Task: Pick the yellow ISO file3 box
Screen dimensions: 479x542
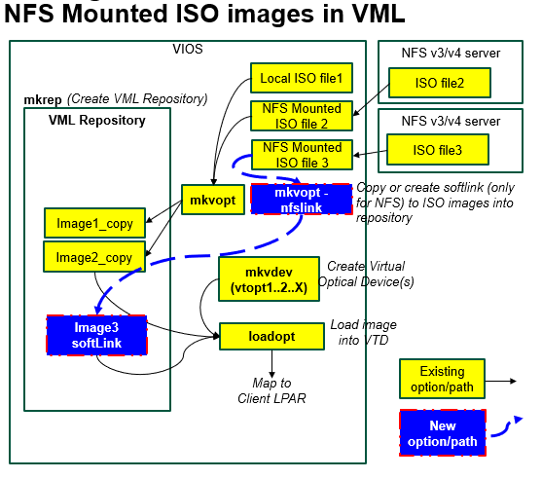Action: (x=437, y=150)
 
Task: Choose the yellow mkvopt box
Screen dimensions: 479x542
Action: (x=210, y=199)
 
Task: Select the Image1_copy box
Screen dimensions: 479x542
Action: (x=94, y=222)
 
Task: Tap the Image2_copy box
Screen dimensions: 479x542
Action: (x=94, y=257)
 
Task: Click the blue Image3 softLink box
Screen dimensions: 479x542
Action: (x=96, y=334)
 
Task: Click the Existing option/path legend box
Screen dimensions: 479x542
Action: (x=442, y=378)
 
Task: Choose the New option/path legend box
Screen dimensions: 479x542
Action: (x=442, y=433)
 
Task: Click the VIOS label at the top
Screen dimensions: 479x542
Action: (x=188, y=50)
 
